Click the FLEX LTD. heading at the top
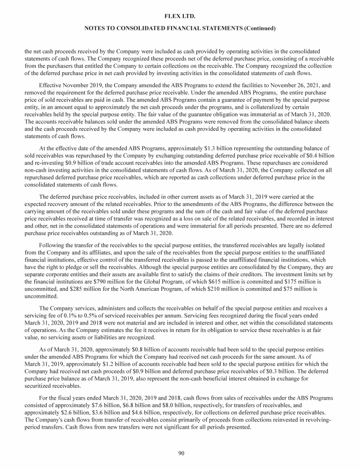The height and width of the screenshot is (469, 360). coord(180,17)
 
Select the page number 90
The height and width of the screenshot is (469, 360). coord(180,453)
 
